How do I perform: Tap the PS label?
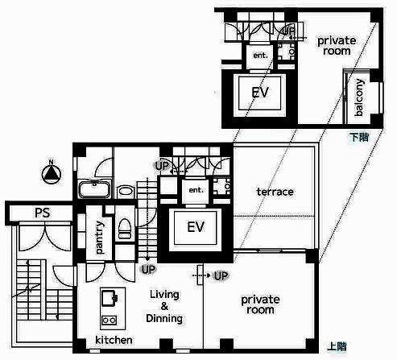pos(42,213)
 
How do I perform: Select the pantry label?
pos(99,238)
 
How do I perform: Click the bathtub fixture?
pos(94,188)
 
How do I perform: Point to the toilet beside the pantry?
pos(125,229)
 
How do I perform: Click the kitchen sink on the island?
pos(110,298)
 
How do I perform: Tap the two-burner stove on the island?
pos(109,320)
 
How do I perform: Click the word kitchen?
pos(114,340)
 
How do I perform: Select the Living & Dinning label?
pos(164,306)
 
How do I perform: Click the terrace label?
pos(275,192)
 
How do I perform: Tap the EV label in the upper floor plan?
pos(196,227)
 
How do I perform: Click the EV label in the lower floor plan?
pos(260,93)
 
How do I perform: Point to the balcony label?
pos(359,97)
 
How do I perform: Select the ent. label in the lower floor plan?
pos(260,56)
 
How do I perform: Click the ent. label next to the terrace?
pos(196,190)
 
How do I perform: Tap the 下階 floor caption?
pos(359,137)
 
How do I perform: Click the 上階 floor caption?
pos(337,346)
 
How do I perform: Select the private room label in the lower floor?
pos(337,46)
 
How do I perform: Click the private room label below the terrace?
pos(260,304)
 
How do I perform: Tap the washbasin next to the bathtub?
pos(125,192)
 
